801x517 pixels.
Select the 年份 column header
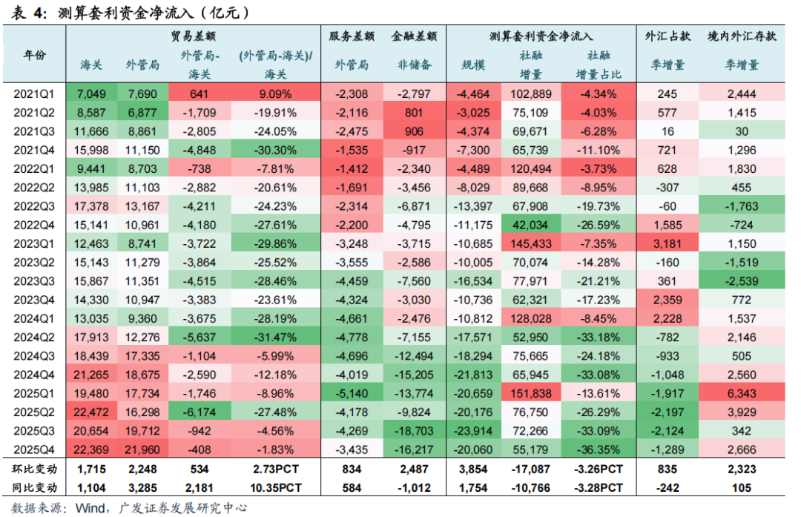tap(35, 56)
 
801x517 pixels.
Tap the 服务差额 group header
tap(352, 36)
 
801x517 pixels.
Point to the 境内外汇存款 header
tap(741, 36)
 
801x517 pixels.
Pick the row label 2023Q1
tap(35, 243)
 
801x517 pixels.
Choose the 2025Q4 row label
tap(35, 449)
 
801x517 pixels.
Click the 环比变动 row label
tap(35, 470)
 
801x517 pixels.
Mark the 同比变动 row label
tap(35, 488)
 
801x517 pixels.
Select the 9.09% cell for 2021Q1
tap(275, 94)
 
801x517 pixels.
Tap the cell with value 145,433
tap(530, 243)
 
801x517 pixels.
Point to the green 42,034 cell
tap(530, 225)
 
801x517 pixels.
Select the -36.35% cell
tap(598, 449)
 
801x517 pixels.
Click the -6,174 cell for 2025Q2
tap(199, 412)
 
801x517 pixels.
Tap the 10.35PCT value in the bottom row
tap(275, 488)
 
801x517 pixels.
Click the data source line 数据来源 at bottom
tap(126, 508)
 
